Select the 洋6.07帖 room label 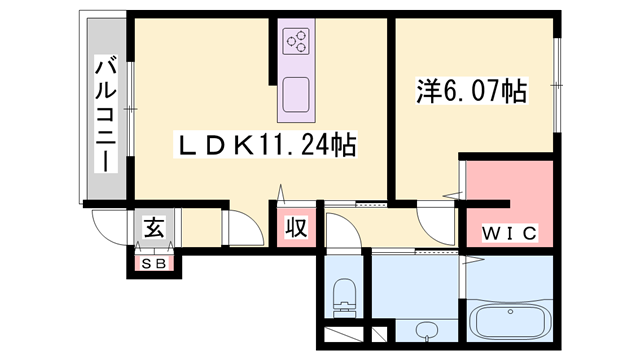coord(471,92)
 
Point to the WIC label coord(509,233)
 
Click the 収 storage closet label coord(296,227)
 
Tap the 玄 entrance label coord(154,227)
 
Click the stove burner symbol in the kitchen coord(297,41)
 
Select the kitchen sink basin coord(297,97)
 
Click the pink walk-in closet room coord(510,200)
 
